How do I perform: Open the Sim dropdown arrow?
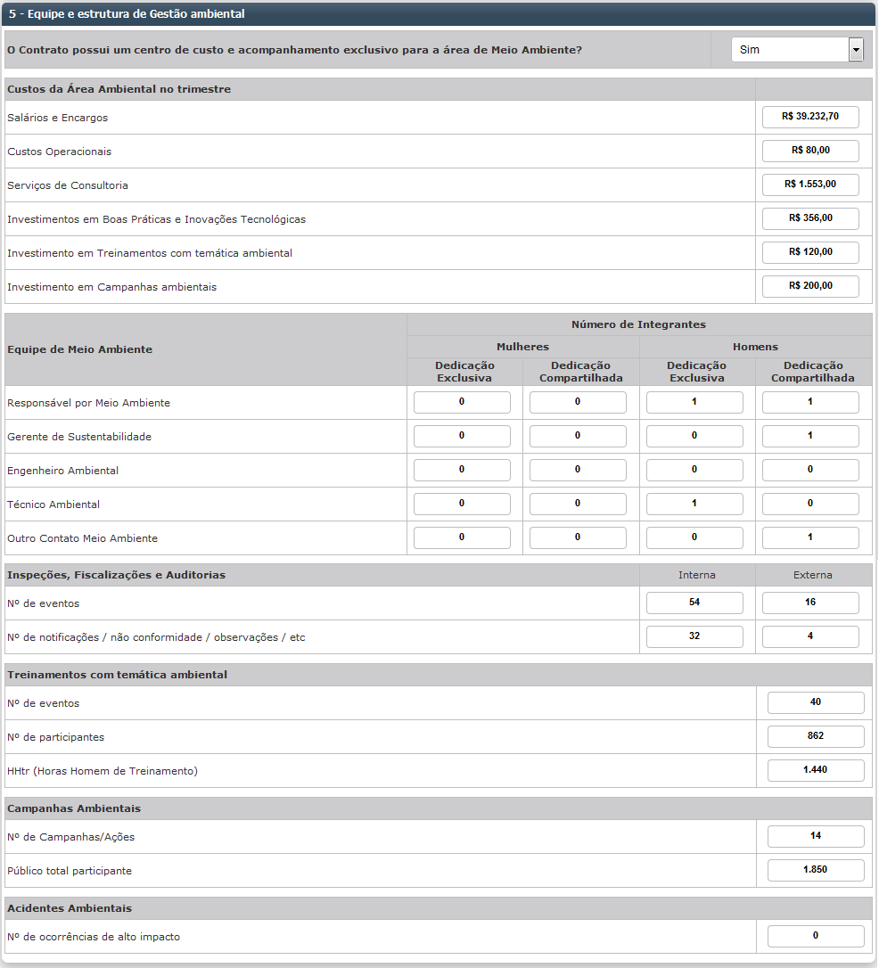[856, 50]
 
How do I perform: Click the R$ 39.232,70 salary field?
[810, 117]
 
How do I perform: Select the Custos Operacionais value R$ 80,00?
[810, 151]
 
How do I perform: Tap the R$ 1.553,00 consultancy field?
[810, 185]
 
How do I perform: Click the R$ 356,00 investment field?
[810, 218]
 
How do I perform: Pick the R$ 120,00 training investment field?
[810, 252]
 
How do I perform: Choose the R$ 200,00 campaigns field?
[810, 286]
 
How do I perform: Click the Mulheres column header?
[522, 347]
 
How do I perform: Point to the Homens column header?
[755, 347]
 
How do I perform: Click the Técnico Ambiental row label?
[53, 505]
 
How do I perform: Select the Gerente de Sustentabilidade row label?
[79, 437]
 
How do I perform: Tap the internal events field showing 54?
[694, 603]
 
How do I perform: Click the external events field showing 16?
[810, 603]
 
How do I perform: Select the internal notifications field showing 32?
[694, 637]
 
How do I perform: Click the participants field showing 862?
[816, 737]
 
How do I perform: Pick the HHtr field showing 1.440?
[816, 771]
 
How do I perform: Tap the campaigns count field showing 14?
[816, 837]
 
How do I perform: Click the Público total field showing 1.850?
[816, 871]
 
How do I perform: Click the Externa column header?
[812, 575]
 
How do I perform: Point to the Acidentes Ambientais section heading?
[70, 908]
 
